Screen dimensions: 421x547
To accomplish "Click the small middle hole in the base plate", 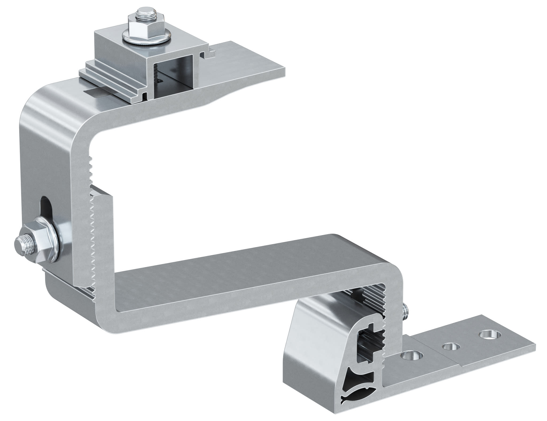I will pos(451,347).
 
